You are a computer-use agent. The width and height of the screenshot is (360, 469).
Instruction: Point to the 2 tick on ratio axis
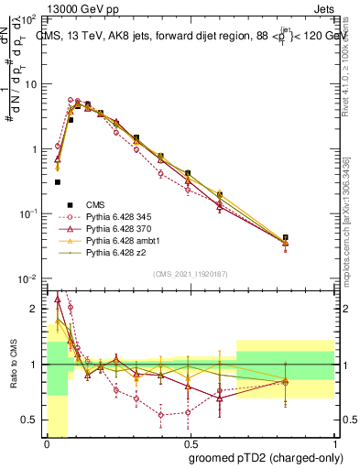37,309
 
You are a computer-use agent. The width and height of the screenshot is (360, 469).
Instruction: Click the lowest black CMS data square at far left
58,182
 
